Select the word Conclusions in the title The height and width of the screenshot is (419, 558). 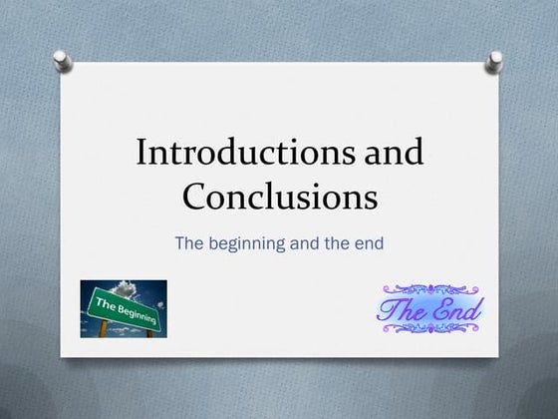pos(279,196)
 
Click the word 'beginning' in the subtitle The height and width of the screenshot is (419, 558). pos(248,242)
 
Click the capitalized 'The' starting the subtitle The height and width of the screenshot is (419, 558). pos(190,241)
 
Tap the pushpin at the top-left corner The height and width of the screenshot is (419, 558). pos(62,60)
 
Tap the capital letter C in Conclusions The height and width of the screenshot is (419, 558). pos(194,196)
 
